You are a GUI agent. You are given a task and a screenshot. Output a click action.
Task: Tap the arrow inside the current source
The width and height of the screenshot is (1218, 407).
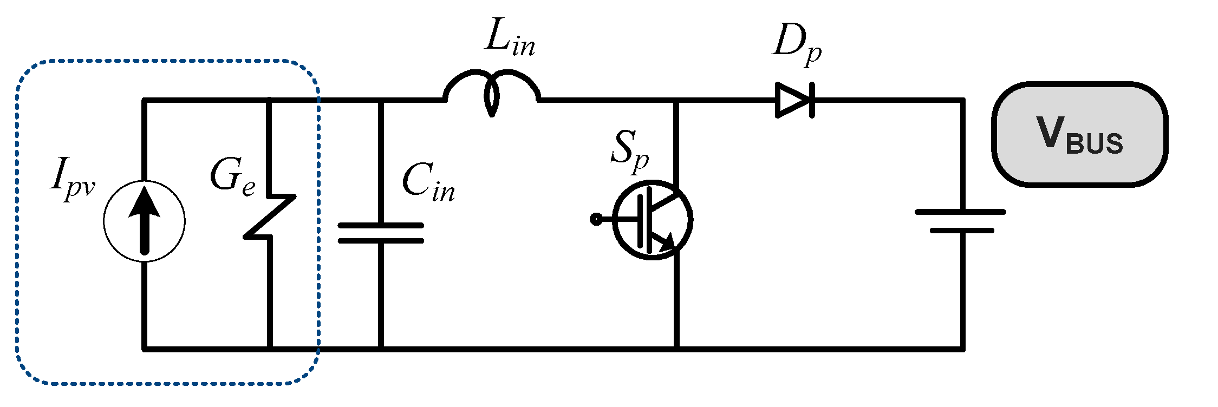pos(144,216)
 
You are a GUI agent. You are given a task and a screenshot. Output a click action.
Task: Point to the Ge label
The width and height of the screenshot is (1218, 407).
pos(232,177)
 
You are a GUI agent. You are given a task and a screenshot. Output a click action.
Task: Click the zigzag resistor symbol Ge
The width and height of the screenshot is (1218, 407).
pos(270,216)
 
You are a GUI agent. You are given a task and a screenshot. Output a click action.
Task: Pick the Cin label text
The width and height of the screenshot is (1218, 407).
pos(428,183)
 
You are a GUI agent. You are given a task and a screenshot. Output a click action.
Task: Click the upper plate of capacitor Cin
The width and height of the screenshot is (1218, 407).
pos(381,225)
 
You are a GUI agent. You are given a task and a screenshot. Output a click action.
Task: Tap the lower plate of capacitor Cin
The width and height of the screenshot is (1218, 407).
pos(381,240)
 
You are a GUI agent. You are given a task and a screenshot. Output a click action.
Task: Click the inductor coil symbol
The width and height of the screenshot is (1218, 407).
pos(492,90)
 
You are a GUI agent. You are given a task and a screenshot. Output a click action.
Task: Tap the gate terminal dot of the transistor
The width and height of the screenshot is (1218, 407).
pos(596,219)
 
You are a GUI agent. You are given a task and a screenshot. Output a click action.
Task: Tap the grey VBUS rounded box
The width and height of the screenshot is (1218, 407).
pos(1079,135)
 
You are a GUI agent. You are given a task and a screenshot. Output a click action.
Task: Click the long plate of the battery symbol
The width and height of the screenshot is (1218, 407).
pos(960,212)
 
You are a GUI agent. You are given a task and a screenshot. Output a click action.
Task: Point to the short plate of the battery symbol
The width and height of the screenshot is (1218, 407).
pos(962,231)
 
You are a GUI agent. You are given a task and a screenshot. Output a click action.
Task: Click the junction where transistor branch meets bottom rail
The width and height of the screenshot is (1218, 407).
pos(676,349)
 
